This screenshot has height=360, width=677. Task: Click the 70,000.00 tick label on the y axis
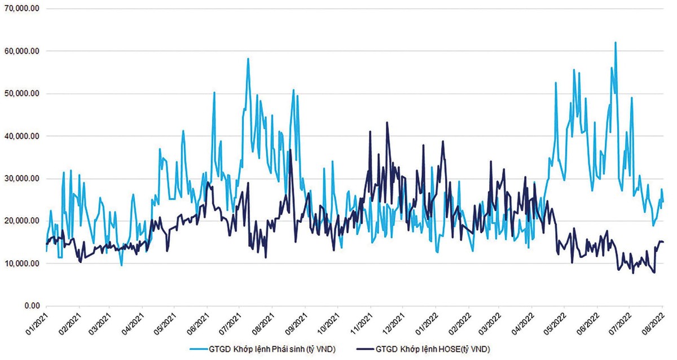(20, 8)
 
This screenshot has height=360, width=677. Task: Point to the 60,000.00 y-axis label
(20, 51)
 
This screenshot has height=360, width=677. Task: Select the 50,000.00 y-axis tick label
(20, 94)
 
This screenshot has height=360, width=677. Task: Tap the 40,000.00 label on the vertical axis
(20, 136)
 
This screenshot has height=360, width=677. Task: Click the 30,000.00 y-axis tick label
(20, 178)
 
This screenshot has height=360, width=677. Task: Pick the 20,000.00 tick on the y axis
(20, 221)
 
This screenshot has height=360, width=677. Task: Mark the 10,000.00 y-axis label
(20, 264)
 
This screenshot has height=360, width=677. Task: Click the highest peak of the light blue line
(616, 42)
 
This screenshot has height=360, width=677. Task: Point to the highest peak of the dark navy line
(387, 122)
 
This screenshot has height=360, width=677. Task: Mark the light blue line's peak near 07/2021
(248, 59)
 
